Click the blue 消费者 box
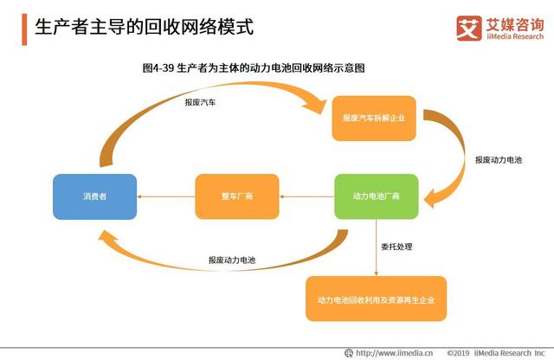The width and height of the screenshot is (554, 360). click(94, 196)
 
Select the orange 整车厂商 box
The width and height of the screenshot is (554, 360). click(235, 196)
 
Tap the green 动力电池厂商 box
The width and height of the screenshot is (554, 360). click(377, 196)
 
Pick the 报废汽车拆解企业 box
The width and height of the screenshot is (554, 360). click(374, 117)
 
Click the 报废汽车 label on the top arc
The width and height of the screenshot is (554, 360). click(200, 101)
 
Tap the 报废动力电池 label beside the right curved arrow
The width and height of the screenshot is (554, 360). click(499, 160)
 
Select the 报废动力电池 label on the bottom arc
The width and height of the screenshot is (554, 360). click(231, 260)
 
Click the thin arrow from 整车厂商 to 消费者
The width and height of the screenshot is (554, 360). click(165, 196)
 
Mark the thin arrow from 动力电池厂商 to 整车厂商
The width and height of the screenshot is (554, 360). click(306, 196)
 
